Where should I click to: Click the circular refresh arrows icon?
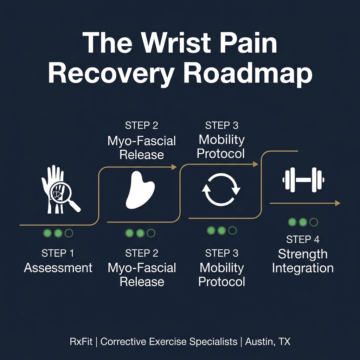221,190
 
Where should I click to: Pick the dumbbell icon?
303,180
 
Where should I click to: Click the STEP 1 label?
58,253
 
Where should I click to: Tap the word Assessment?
58,268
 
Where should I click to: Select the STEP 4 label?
303,239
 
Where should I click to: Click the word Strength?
303,254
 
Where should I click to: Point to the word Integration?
303,268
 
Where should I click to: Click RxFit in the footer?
81,341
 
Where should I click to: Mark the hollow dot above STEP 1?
69,233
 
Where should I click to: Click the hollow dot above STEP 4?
314,222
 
